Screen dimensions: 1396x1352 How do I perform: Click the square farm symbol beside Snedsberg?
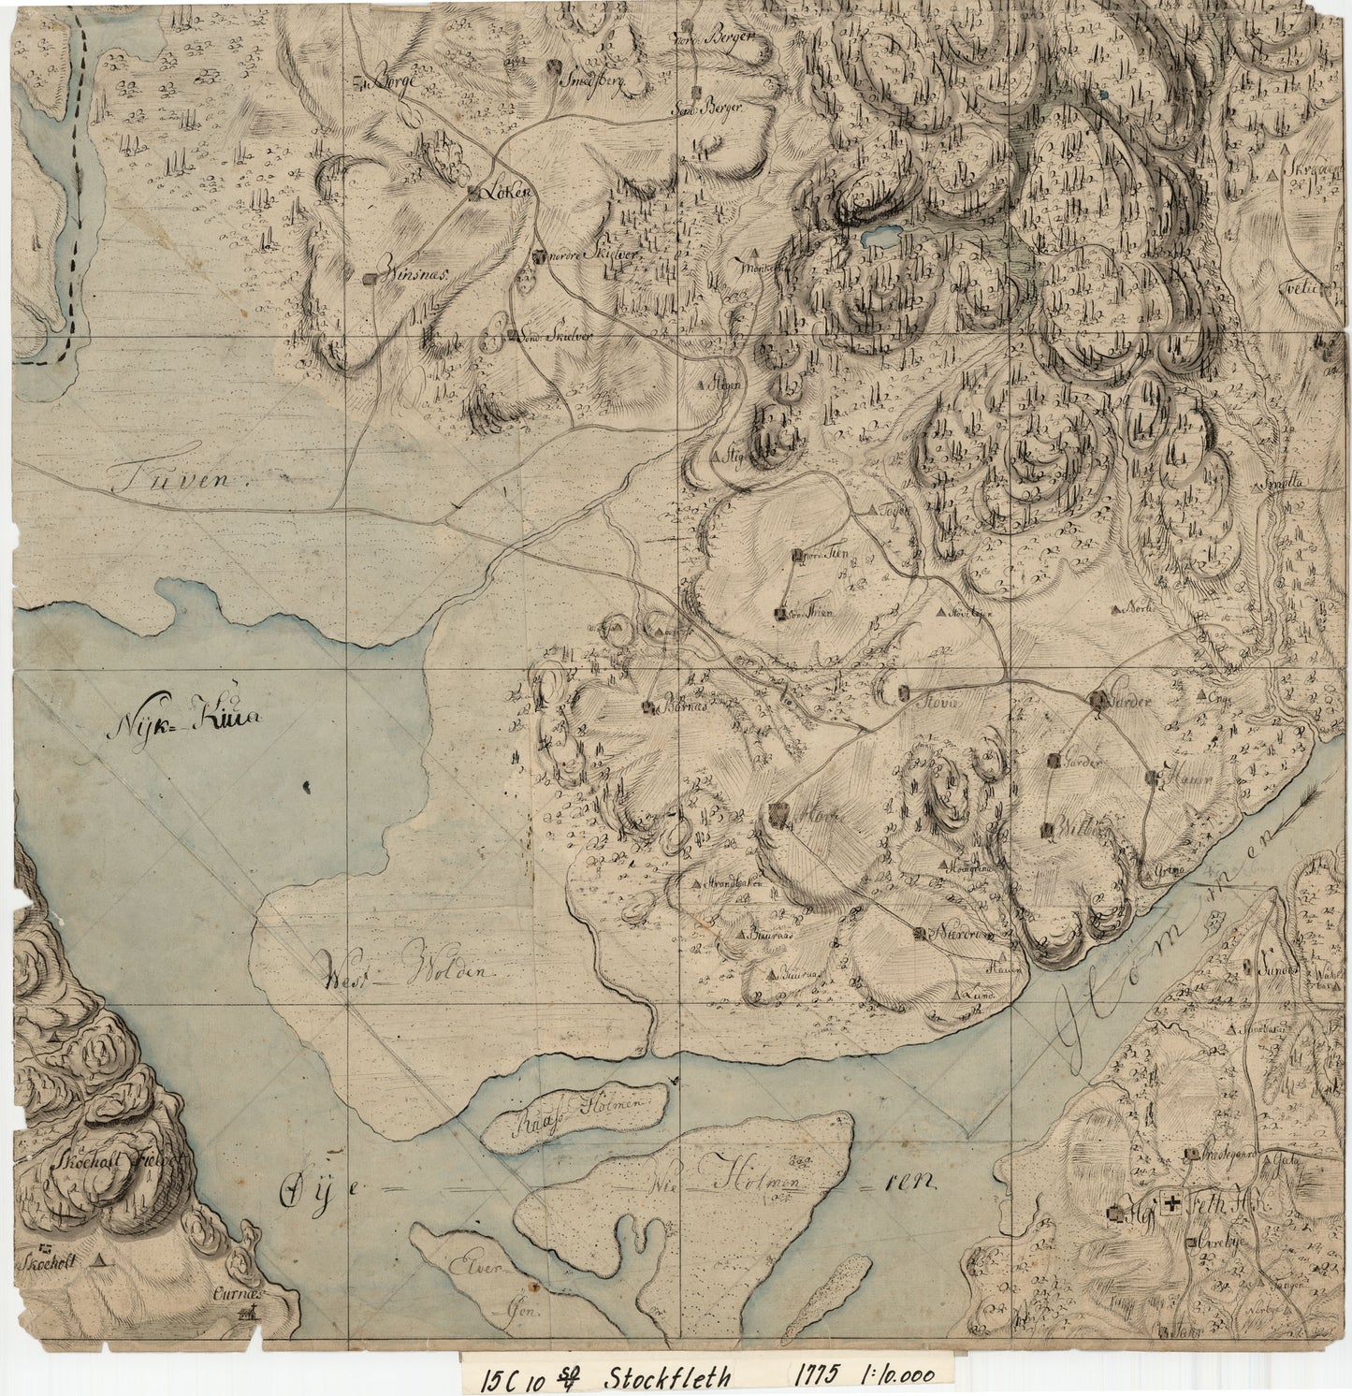(554, 66)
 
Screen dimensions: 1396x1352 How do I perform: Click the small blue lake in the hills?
(880, 237)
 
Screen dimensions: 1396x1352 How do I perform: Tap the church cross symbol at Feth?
(1170, 1207)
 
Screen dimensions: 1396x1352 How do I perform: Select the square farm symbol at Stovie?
(903, 692)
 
